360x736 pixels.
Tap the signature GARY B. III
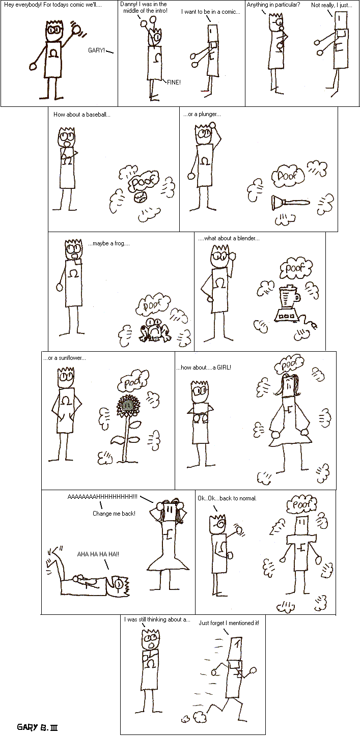pyautogui.click(x=38, y=727)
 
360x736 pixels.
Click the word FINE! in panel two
pyautogui.click(x=174, y=82)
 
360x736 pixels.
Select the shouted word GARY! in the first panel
pyautogui.click(x=96, y=50)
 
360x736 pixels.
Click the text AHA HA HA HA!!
pyautogui.click(x=98, y=554)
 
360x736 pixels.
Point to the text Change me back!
pyautogui.click(x=114, y=514)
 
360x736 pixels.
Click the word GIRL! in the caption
pyautogui.click(x=224, y=367)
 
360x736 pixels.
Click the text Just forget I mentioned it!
pyautogui.click(x=229, y=622)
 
